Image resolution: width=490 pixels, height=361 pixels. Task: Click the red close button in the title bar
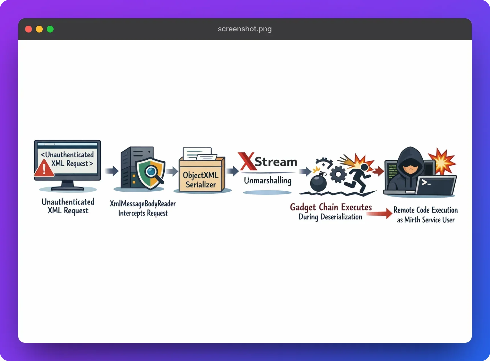[x=28, y=29]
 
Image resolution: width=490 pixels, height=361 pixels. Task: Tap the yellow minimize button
[x=39, y=29]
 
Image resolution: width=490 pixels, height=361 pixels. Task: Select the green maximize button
[x=50, y=29]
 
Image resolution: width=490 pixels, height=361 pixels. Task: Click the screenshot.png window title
[x=245, y=29]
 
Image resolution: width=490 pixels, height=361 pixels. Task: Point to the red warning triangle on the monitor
[x=44, y=169]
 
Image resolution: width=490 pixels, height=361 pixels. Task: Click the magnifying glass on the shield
[x=153, y=173]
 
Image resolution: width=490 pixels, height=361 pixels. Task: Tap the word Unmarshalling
[x=268, y=180]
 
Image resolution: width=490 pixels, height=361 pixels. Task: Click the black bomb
[x=318, y=182]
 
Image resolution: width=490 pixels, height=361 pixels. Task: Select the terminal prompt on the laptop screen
[x=426, y=182]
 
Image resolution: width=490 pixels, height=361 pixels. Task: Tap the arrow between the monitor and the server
[x=112, y=171]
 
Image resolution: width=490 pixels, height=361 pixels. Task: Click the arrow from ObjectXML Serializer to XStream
[x=232, y=171]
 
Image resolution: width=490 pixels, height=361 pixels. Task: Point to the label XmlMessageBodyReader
[x=143, y=204]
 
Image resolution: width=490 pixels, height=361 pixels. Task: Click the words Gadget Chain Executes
[x=331, y=207]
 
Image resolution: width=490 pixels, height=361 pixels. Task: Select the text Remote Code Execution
[x=426, y=210]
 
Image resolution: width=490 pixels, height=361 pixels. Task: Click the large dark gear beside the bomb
[x=338, y=174]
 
